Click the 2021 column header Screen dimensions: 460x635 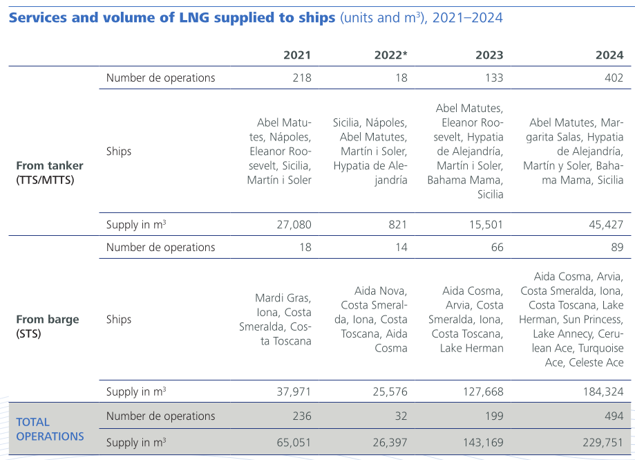(x=297, y=55)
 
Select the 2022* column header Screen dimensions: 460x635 (x=390, y=55)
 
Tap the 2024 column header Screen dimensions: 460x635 (x=609, y=55)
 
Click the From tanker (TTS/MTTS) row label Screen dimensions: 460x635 (x=50, y=173)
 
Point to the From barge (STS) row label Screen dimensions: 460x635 (x=48, y=326)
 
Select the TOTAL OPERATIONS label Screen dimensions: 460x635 (x=50, y=429)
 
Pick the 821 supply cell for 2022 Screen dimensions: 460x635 (x=397, y=224)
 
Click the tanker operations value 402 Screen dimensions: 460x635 (x=613, y=77)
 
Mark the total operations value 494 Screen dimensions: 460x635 (x=613, y=416)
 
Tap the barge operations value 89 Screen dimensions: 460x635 (x=616, y=247)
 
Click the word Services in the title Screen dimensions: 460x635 (x=37, y=17)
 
